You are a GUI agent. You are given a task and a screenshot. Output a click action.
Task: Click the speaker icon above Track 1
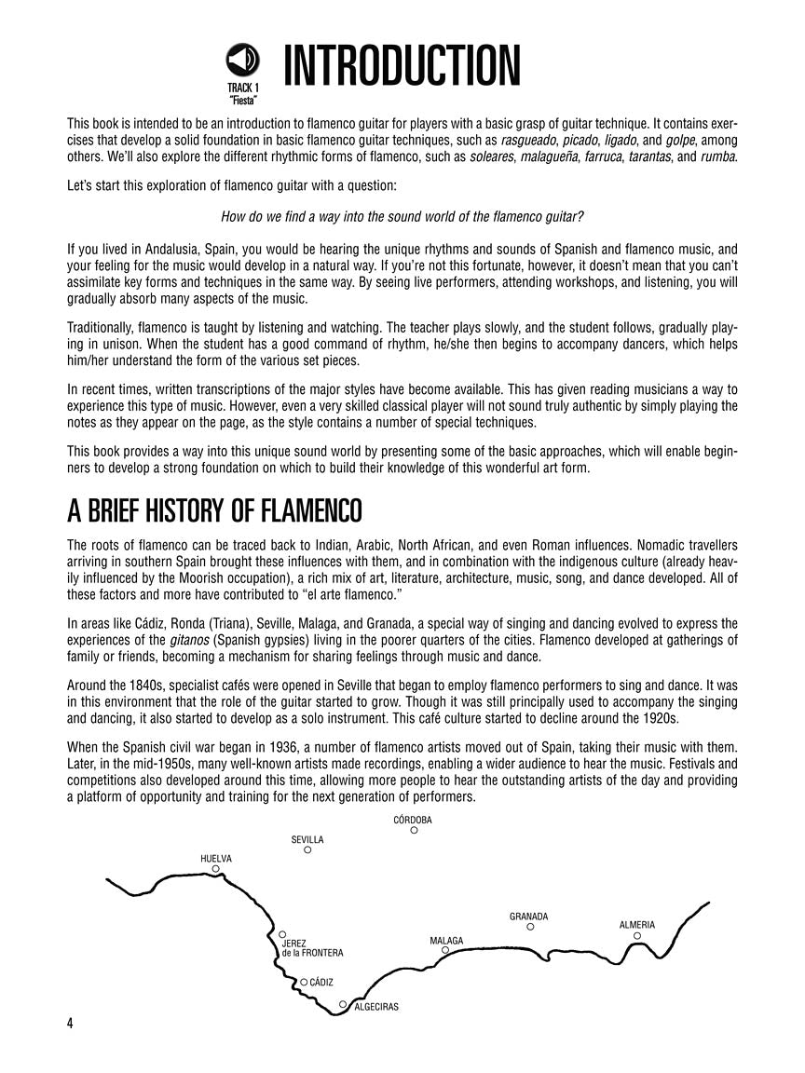pos(242,62)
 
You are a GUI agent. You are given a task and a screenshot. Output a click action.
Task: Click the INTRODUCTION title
pos(402,67)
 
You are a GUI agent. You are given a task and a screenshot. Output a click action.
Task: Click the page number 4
pos(70,1023)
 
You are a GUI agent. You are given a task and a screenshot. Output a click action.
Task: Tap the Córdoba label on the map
pos(413,820)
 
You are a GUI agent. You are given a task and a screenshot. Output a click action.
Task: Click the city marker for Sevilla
pos(307,849)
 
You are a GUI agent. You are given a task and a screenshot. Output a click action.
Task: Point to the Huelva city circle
pos(215,868)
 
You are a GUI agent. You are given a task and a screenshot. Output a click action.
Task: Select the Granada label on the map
pos(528,917)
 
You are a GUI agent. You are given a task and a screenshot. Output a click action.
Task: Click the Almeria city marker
pos(637,935)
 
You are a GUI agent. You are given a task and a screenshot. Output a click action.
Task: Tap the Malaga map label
pos(446,941)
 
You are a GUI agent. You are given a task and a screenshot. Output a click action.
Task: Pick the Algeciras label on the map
pos(376,1006)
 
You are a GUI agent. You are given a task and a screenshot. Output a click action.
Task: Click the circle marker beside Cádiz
pos(304,981)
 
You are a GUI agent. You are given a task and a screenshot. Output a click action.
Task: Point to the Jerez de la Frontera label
pos(312,948)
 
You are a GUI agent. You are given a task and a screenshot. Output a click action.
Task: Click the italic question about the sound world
pos(402,217)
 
